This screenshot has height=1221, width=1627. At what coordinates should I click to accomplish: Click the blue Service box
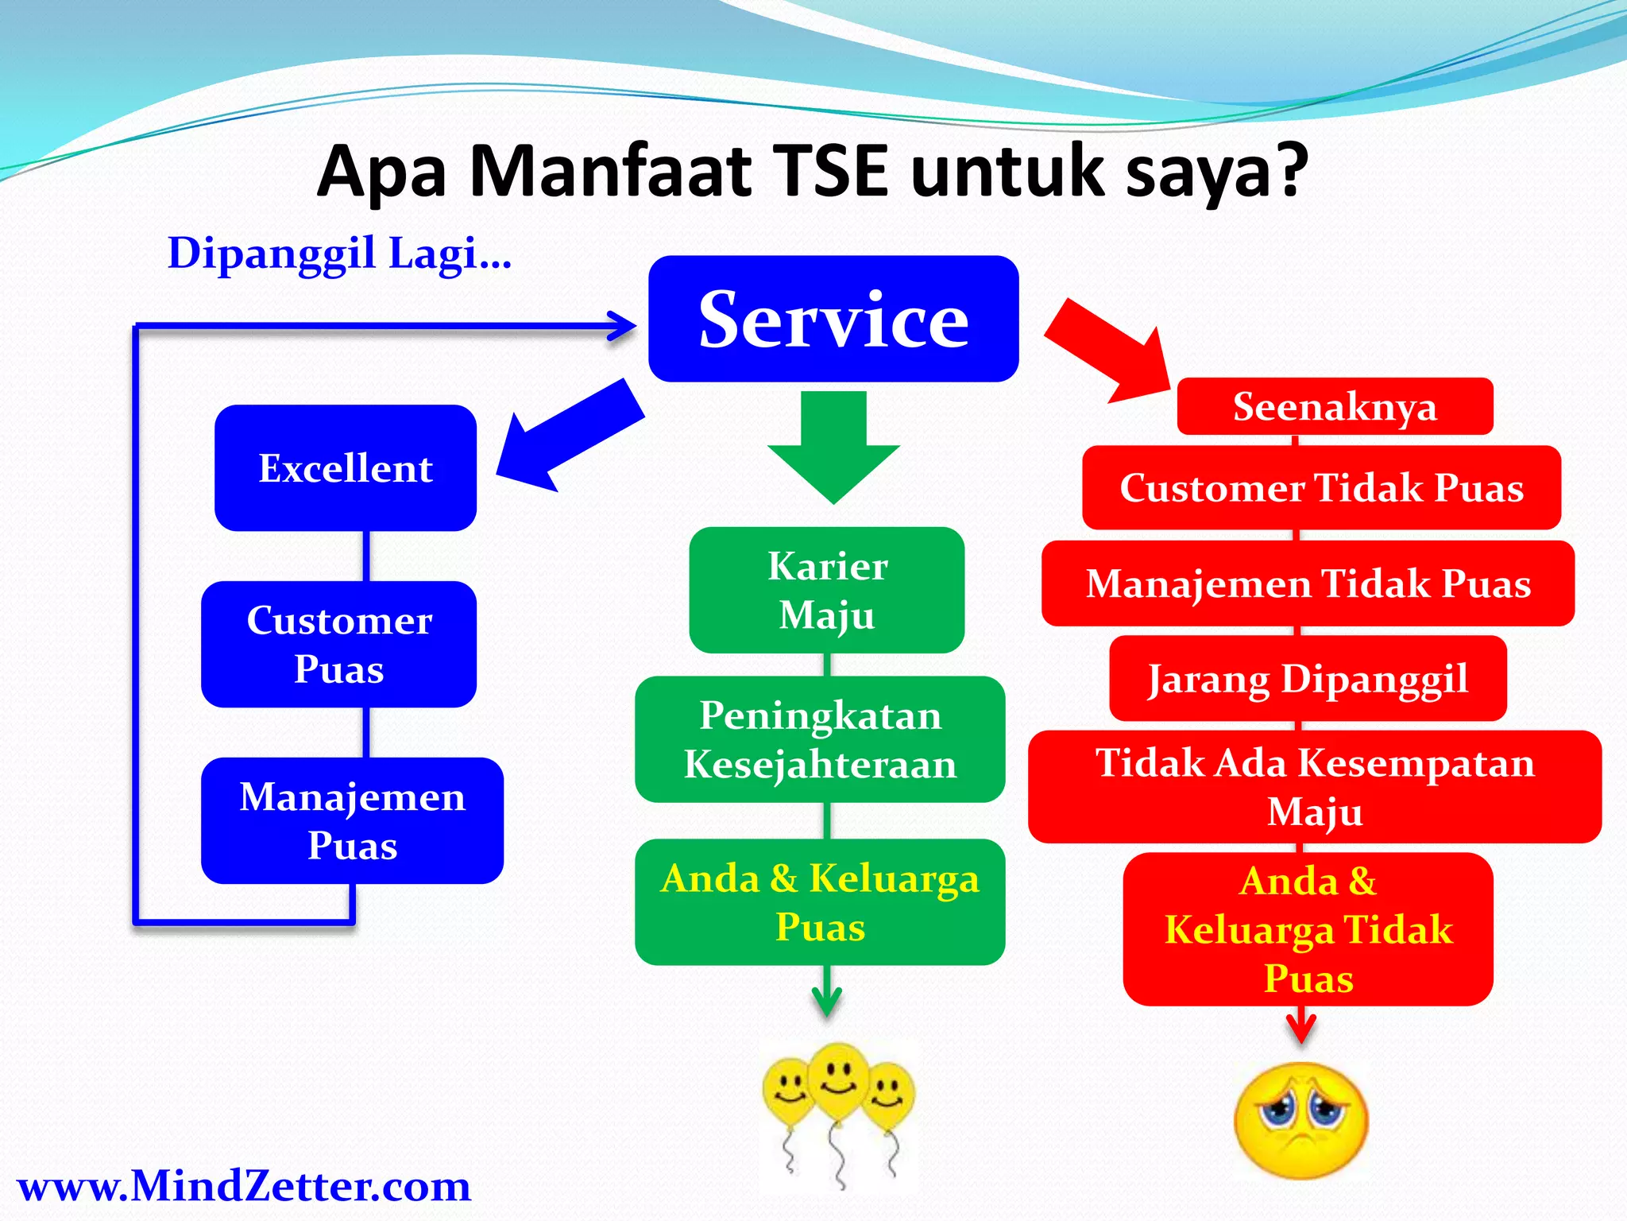(833, 319)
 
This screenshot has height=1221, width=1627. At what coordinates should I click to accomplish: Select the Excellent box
(346, 467)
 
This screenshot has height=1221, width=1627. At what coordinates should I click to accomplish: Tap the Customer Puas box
(339, 644)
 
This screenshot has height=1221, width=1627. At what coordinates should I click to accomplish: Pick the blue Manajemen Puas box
(352, 820)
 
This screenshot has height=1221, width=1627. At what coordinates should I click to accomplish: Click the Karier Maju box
(827, 590)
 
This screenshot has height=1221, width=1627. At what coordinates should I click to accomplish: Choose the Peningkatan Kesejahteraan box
(820, 739)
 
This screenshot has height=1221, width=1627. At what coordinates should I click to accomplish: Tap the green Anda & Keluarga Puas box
(820, 902)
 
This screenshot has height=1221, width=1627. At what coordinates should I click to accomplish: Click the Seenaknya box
(1335, 406)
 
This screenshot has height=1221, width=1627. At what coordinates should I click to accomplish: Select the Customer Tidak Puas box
(1321, 487)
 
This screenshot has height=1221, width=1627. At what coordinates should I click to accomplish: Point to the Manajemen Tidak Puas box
(1308, 583)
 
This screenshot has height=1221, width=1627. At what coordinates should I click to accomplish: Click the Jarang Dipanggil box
(1308, 678)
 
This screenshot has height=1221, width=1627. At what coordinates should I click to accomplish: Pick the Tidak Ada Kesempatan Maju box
(1315, 786)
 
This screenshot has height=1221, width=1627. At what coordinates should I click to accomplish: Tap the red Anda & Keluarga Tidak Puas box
(1308, 929)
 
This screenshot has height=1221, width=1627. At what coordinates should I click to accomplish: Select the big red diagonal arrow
(1108, 350)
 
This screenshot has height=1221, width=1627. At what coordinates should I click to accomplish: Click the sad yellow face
(1300, 1121)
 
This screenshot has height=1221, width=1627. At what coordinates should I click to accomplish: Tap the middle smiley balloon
(838, 1081)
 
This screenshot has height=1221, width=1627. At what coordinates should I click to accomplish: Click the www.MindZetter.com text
(244, 1186)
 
